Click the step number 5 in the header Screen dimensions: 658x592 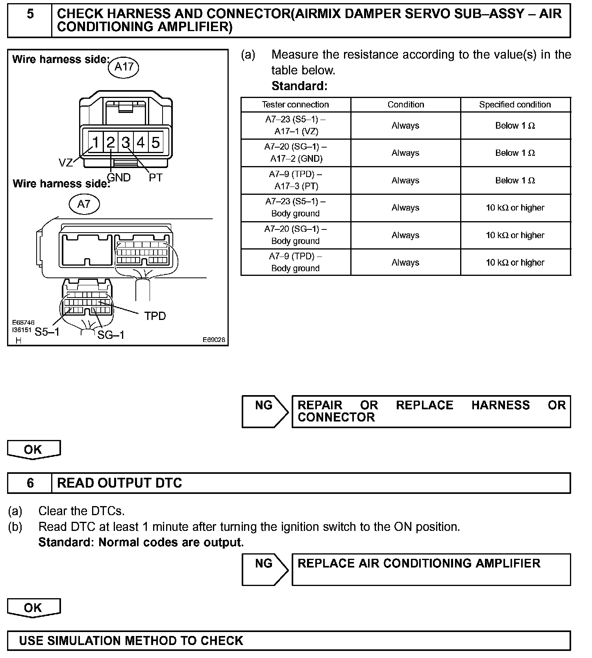[x=30, y=15]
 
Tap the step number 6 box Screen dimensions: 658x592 [x=30, y=483]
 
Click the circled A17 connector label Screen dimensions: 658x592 [x=124, y=67]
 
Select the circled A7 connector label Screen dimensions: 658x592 [x=84, y=204]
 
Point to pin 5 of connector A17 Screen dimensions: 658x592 [x=156, y=142]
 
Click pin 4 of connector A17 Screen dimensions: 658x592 [x=141, y=142]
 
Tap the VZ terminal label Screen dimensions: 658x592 [x=66, y=163]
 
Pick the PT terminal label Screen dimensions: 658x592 [x=155, y=177]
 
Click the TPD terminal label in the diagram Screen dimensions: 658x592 [x=155, y=316]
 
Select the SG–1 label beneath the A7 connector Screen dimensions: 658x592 [x=111, y=335]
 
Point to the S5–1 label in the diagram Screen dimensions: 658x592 [x=47, y=332]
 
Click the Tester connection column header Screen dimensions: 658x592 [x=295, y=105]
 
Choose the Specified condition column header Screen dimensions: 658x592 [x=515, y=105]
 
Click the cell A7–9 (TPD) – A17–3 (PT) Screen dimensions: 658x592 [x=295, y=180]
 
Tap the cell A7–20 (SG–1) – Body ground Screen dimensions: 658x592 [x=295, y=235]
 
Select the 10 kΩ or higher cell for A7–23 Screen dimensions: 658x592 [x=515, y=208]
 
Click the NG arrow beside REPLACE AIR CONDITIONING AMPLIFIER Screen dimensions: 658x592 [x=265, y=569]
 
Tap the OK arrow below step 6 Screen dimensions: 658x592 [x=33, y=608]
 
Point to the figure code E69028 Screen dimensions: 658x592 [x=214, y=340]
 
